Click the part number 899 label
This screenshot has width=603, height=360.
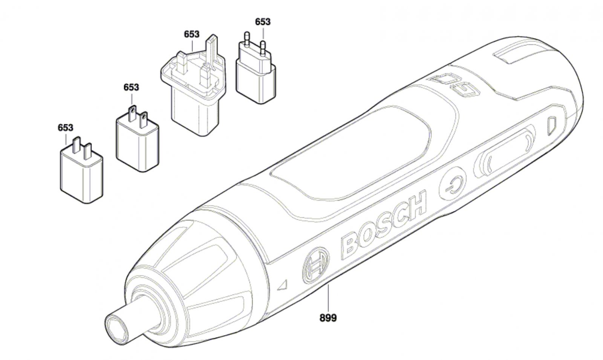(x=328, y=318)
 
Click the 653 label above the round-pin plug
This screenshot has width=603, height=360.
(x=263, y=22)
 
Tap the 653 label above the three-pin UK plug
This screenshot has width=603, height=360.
(x=192, y=34)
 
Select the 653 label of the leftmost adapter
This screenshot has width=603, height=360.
(x=66, y=128)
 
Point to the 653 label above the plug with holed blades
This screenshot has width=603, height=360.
(x=132, y=87)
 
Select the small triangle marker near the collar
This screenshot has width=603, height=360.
(x=283, y=285)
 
